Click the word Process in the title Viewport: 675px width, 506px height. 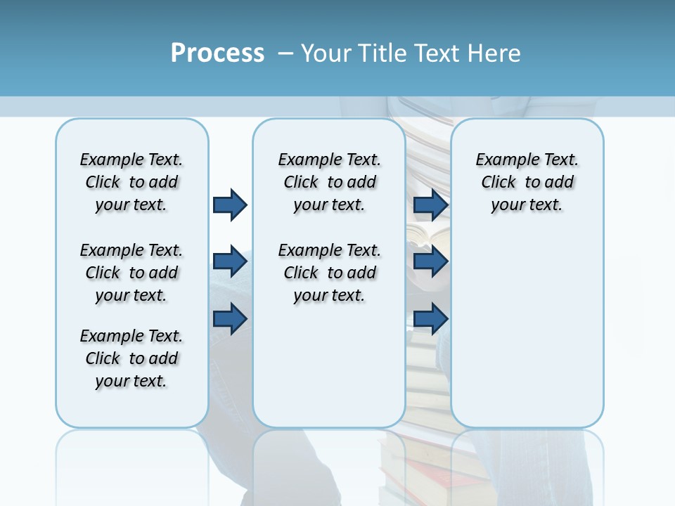tap(217, 53)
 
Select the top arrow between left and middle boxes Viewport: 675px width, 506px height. tap(230, 205)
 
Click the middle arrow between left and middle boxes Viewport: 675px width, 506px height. tap(230, 261)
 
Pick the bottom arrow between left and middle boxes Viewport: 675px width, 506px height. tap(230, 319)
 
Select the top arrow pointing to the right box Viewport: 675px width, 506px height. tap(430, 205)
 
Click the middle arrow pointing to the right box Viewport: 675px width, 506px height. tap(430, 261)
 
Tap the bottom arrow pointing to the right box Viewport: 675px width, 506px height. tap(430, 319)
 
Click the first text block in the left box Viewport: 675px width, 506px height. tap(131, 182)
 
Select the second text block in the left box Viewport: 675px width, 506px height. tap(131, 273)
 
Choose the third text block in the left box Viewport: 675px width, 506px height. tap(131, 358)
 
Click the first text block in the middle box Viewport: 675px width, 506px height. tap(329, 182)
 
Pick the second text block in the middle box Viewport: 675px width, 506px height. tap(329, 273)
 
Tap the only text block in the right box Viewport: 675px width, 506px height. tap(527, 182)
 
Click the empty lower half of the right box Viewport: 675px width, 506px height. tap(527, 337)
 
